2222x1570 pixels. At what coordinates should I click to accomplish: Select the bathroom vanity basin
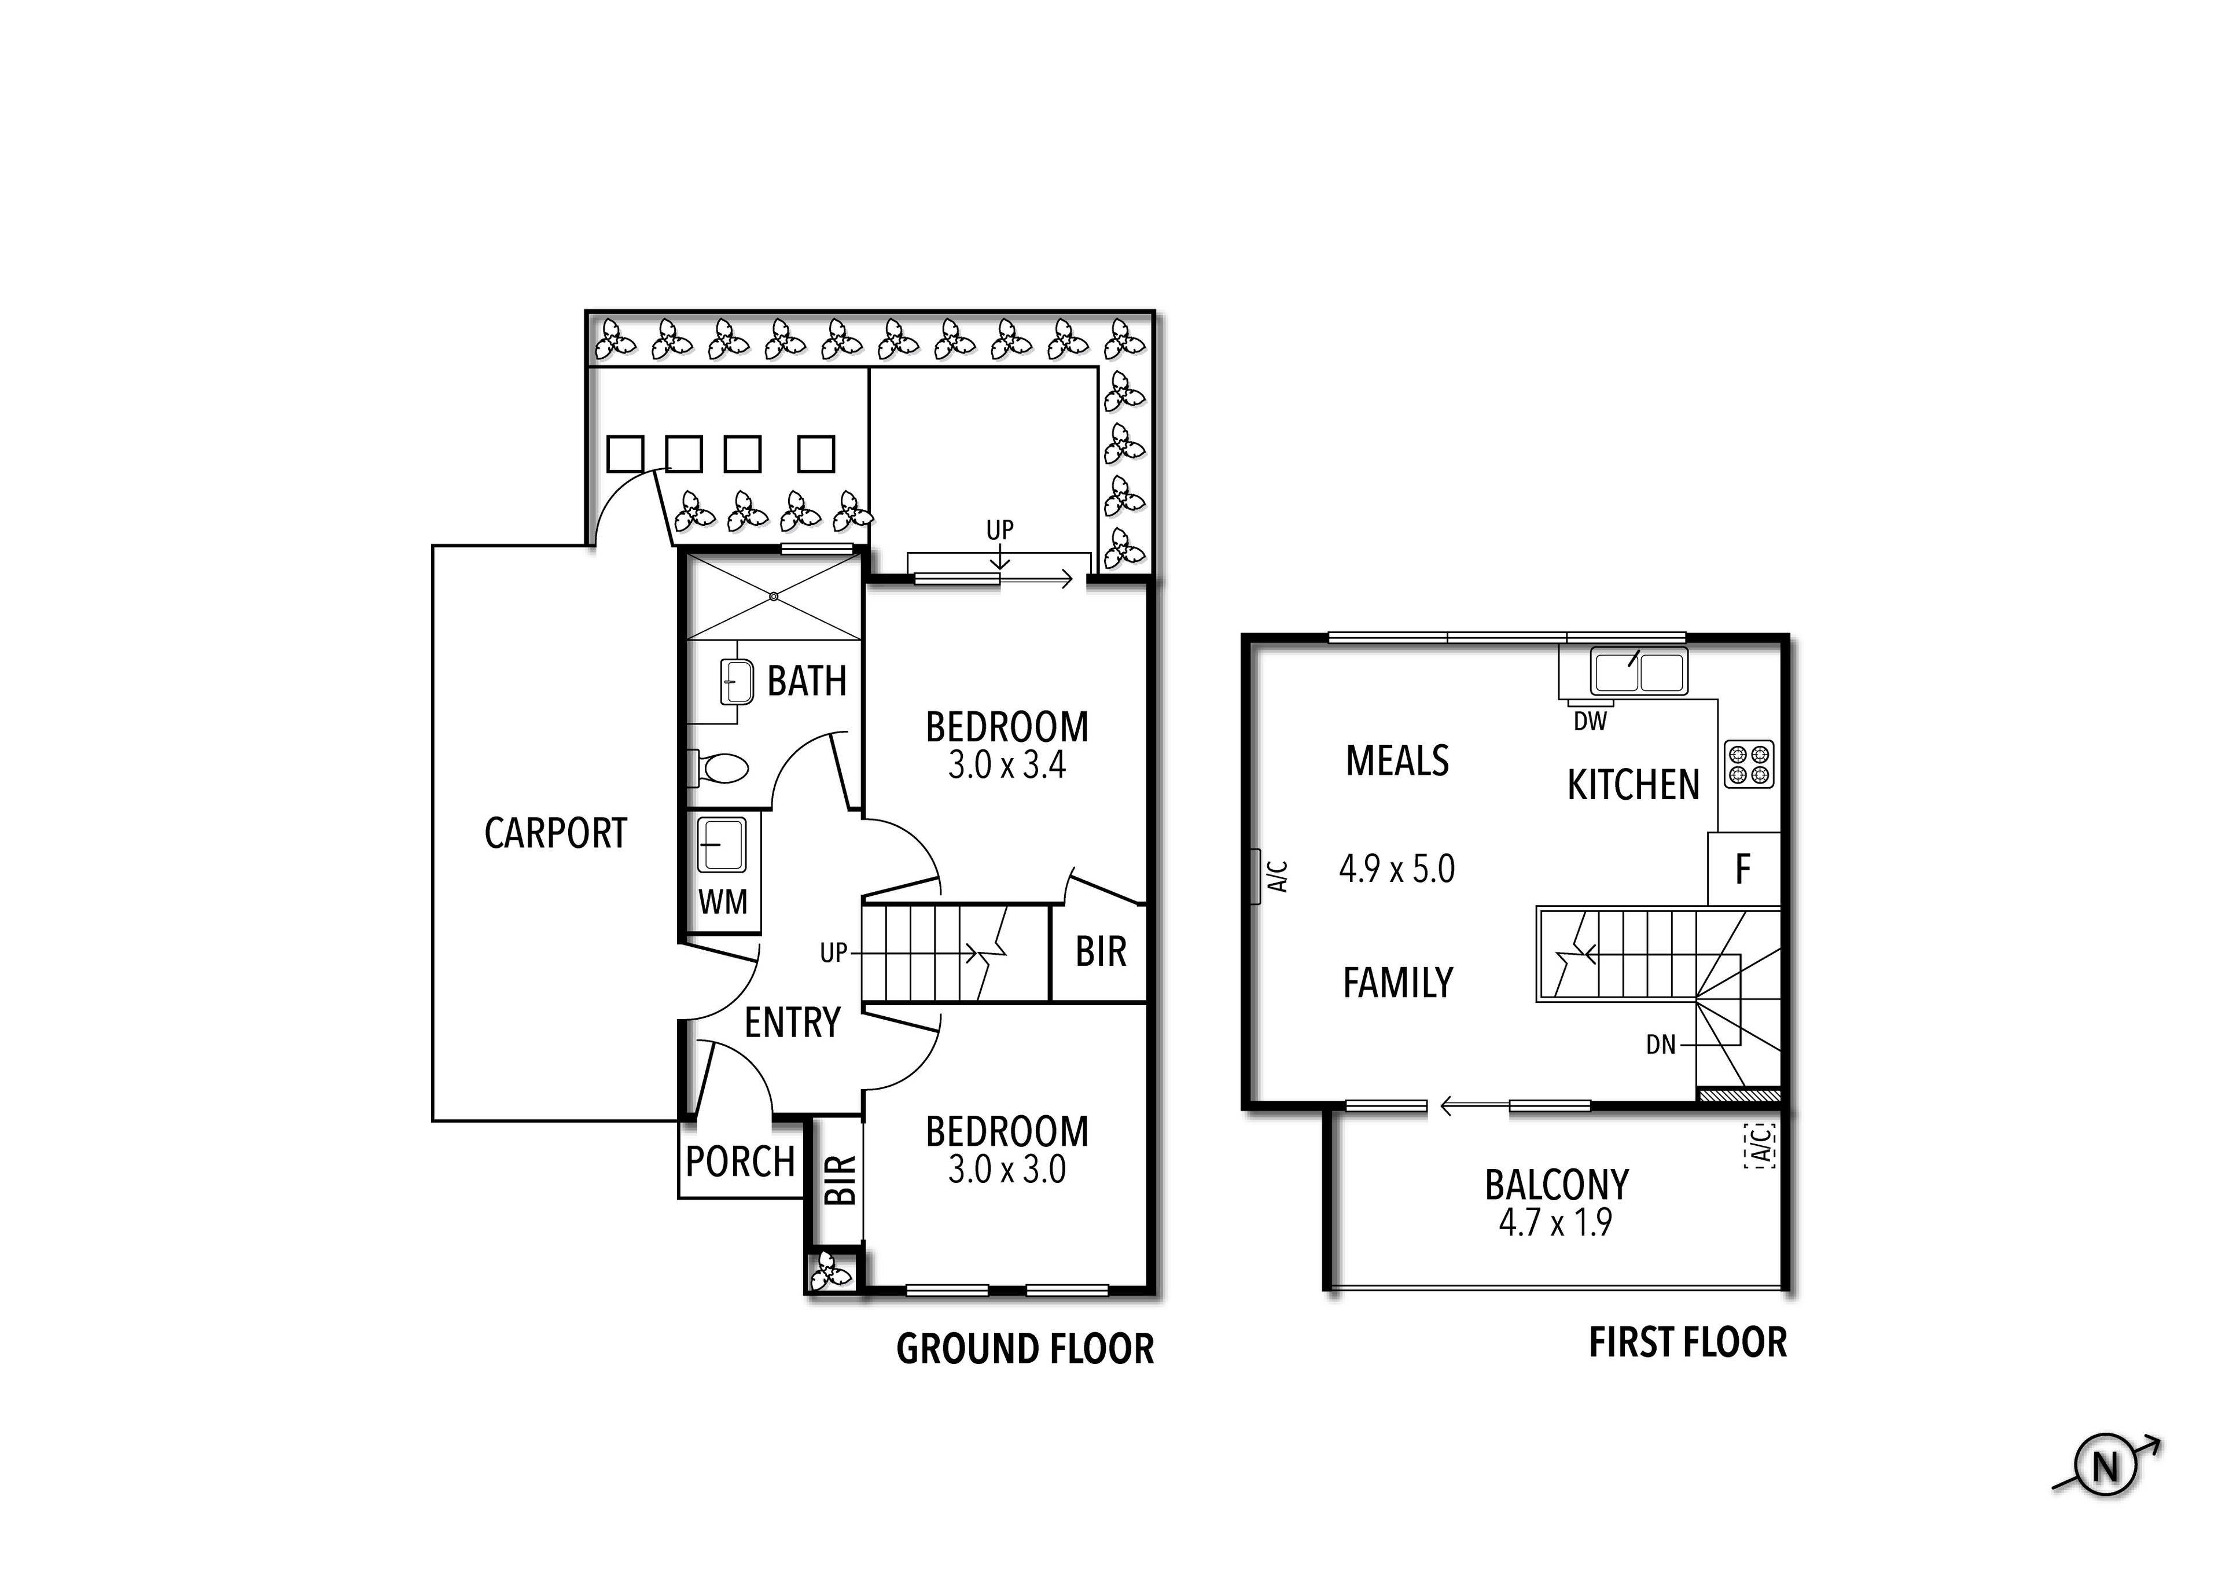click(737, 682)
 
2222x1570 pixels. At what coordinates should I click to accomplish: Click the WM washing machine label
click(722, 902)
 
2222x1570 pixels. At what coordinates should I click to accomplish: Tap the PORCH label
click(740, 1160)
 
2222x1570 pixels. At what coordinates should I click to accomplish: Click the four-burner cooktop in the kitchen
click(1749, 764)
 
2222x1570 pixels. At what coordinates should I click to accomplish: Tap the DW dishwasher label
click(1590, 721)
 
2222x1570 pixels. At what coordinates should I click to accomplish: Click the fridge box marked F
click(1743, 869)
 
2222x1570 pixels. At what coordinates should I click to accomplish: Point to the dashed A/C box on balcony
click(1760, 1145)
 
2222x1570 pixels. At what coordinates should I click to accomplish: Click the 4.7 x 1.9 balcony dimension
click(1555, 1223)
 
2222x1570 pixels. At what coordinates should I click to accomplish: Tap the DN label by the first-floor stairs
click(1661, 1045)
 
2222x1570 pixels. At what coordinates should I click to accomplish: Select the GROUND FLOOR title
click(1025, 1348)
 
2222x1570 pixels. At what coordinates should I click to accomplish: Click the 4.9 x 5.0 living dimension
click(1396, 869)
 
